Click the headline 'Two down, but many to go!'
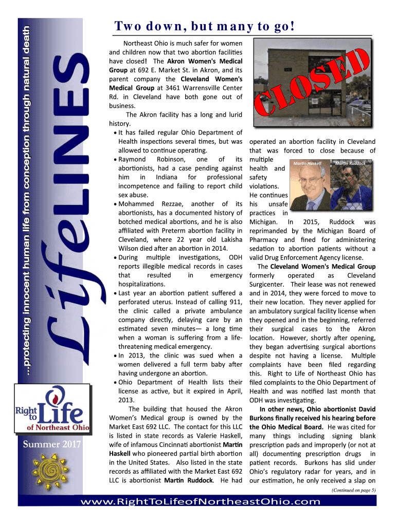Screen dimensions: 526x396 click(204, 26)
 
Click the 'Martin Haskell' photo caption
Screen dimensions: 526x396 click(307, 163)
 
